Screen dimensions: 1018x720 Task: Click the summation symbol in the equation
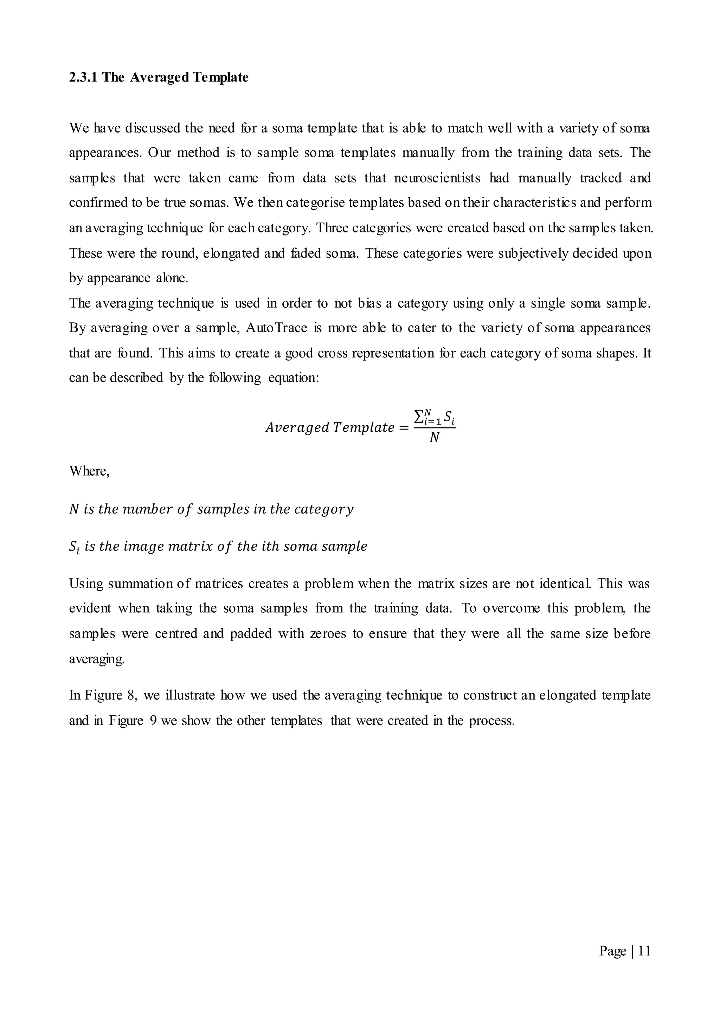[418, 417]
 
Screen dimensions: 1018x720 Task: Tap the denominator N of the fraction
[435, 438]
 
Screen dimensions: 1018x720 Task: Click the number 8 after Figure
[132, 695]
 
